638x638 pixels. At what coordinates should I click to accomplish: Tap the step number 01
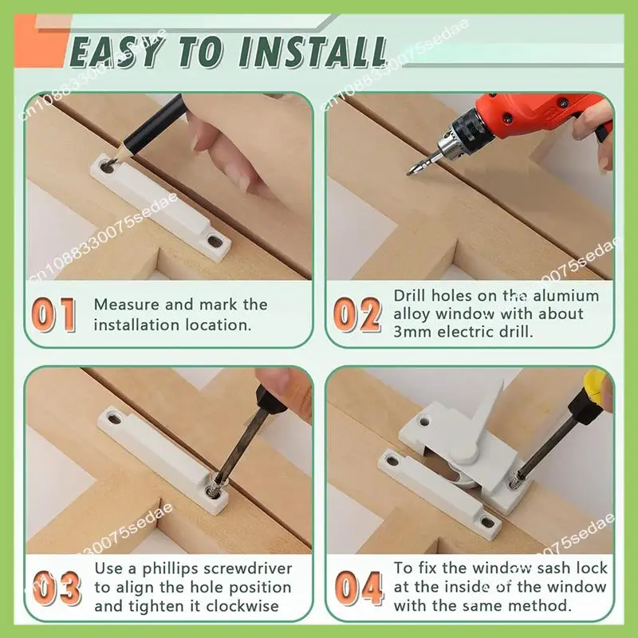[54, 314]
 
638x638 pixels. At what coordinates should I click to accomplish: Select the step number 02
[357, 313]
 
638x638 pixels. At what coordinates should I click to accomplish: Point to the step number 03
[57, 588]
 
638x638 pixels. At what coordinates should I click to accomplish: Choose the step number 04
[359, 588]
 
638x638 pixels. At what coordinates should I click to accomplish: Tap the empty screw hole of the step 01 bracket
[215, 241]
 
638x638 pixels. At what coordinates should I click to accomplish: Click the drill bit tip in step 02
[408, 174]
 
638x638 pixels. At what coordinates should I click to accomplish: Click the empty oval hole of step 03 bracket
[114, 417]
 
